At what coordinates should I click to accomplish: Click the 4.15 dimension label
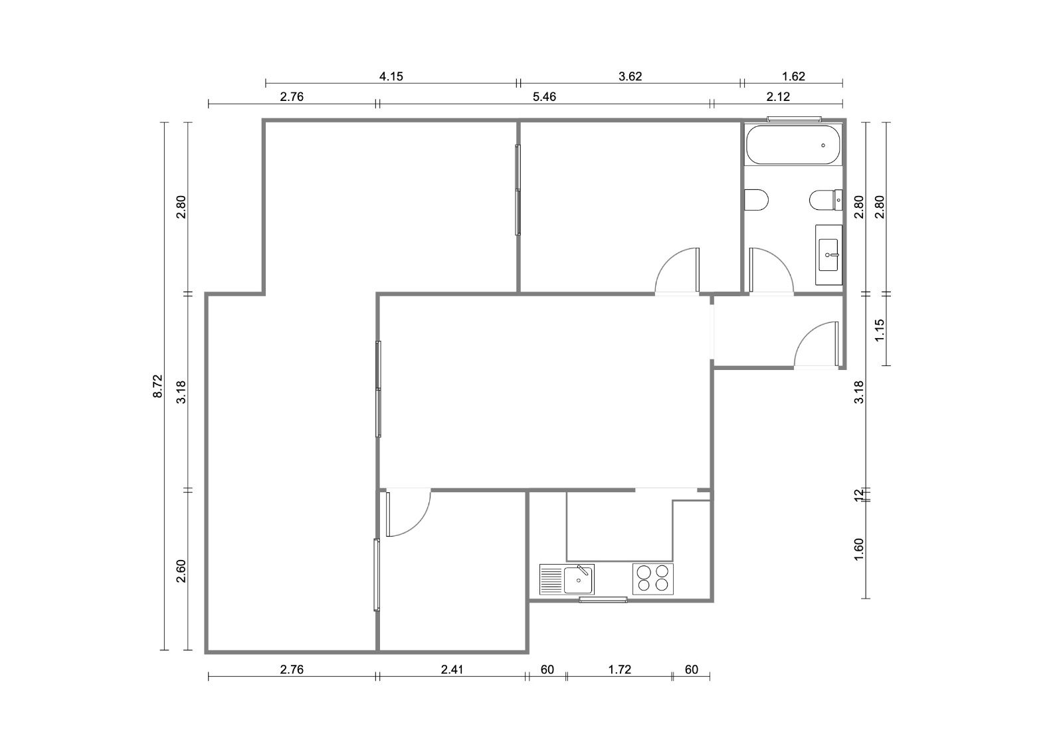coord(391,76)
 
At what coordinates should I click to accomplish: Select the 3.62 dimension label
coord(630,76)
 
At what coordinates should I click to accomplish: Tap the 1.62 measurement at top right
coord(793,76)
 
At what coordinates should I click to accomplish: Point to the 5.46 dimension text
coord(544,97)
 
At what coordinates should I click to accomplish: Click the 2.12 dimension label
coord(778,97)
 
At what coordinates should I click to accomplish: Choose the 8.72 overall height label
coord(157,386)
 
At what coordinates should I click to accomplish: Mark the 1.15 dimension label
coord(880,329)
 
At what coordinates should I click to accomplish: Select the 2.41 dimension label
coord(452,670)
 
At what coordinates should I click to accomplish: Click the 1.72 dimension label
coord(620,670)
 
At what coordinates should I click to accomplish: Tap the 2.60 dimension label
coord(181,571)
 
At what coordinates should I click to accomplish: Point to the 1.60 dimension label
coord(859,549)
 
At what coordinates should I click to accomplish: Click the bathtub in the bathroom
coord(793,145)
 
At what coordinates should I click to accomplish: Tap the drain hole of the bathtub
coord(823,145)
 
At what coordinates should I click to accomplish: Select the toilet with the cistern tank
coord(826,200)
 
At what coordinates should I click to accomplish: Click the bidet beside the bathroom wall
coord(756,200)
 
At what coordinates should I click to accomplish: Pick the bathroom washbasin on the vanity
coord(828,255)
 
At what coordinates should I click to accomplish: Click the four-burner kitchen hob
coord(653,579)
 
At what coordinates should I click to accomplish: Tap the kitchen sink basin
coord(579,580)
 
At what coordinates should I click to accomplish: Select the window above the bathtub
coord(795,119)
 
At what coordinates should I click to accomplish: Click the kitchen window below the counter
coord(603,600)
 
